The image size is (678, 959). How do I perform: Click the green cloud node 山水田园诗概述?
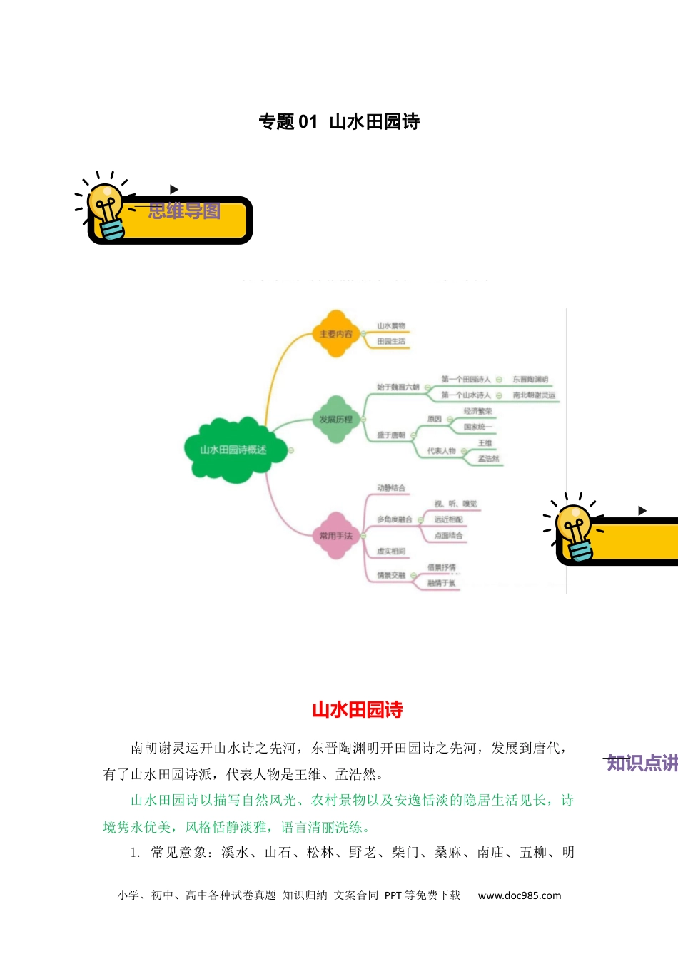point(233,450)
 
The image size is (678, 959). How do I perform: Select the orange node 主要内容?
point(336,333)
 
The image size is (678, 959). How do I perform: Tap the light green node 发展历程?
point(336,420)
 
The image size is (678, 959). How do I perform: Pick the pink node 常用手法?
point(336,536)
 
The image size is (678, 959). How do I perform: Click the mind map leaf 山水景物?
point(391,326)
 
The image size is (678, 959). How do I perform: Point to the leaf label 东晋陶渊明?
point(530,380)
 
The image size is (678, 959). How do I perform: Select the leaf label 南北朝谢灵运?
point(534,395)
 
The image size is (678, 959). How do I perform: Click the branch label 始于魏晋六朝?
point(398,387)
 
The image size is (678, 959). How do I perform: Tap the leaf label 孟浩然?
point(489,459)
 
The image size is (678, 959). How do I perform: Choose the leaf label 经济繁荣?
point(478,412)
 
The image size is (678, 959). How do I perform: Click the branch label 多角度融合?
point(395,519)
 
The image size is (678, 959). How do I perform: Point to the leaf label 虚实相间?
point(391,552)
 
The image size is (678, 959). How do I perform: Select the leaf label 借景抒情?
point(442,567)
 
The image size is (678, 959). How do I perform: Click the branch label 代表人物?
point(442,451)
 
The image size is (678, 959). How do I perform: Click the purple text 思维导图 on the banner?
point(184,211)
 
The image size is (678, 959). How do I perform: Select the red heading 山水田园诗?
point(358,710)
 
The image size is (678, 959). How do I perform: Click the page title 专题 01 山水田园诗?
point(339,122)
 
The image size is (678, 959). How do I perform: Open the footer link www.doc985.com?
point(520,895)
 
